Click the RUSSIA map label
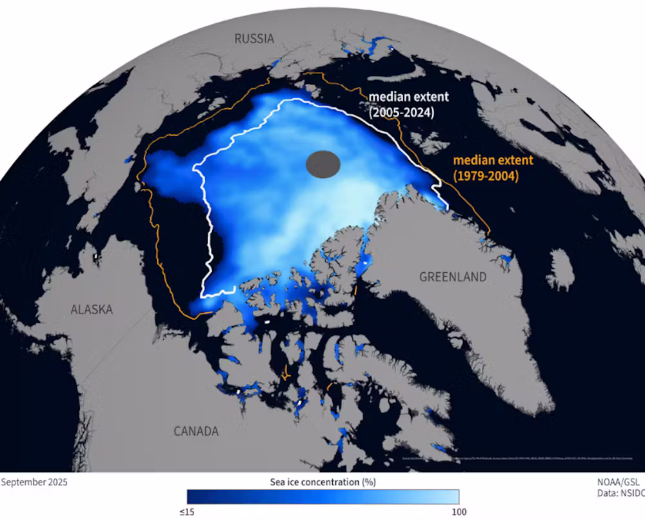click(x=254, y=39)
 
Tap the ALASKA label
click(x=92, y=310)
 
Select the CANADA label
click(x=196, y=431)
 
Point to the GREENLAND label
click(x=453, y=277)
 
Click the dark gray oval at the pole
click(x=322, y=164)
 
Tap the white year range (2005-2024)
click(x=401, y=113)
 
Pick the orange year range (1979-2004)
click(x=484, y=175)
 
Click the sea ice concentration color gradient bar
click(x=323, y=496)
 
